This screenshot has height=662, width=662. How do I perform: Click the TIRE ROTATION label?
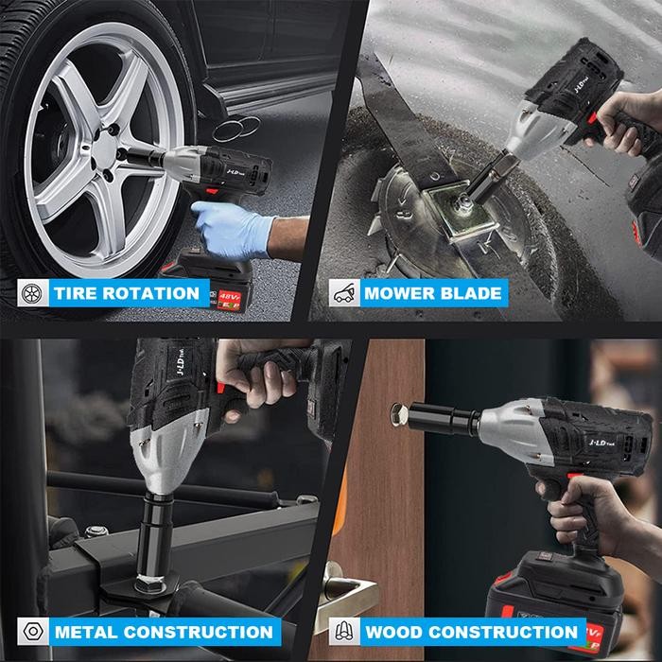tap(126, 292)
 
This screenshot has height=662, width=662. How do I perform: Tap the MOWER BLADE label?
tap(432, 292)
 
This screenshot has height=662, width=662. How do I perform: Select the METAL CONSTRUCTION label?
tap(163, 631)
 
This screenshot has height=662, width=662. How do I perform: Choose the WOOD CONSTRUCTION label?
tap(471, 631)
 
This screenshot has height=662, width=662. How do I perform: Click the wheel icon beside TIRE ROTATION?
tap(30, 292)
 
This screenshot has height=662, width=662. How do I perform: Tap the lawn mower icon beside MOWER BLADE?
tap(342, 292)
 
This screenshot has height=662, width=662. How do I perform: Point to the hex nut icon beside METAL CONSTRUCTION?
tap(30, 631)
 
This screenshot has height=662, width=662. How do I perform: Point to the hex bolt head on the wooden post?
tap(398, 413)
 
